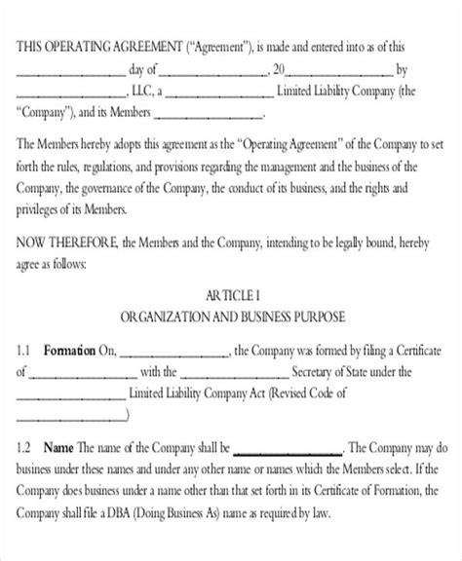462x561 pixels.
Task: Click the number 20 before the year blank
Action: pos(280,71)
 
